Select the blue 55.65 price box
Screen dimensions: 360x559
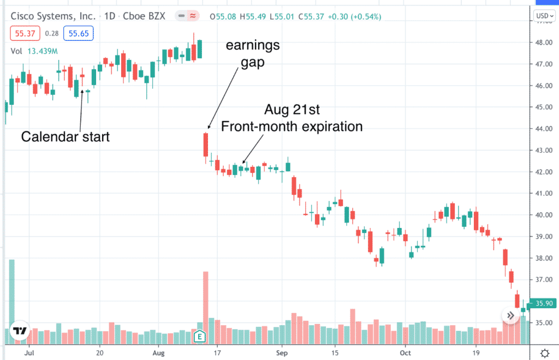pyautogui.click(x=79, y=34)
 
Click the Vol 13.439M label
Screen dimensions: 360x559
pyautogui.click(x=34, y=52)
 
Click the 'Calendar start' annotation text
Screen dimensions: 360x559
pyautogui.click(x=66, y=136)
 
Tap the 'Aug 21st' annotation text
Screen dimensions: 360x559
pyautogui.click(x=292, y=109)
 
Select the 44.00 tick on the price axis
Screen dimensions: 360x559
pyautogui.click(x=543, y=129)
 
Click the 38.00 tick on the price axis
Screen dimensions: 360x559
pyautogui.click(x=543, y=258)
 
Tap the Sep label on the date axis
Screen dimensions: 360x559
pyautogui.click(x=282, y=352)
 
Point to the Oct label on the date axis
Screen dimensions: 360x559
pyautogui.click(x=405, y=352)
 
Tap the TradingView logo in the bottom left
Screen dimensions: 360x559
pyautogui.click(x=20, y=331)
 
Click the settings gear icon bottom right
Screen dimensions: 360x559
pyautogui.click(x=544, y=352)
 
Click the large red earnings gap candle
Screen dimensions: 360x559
pyautogui.click(x=206, y=145)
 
